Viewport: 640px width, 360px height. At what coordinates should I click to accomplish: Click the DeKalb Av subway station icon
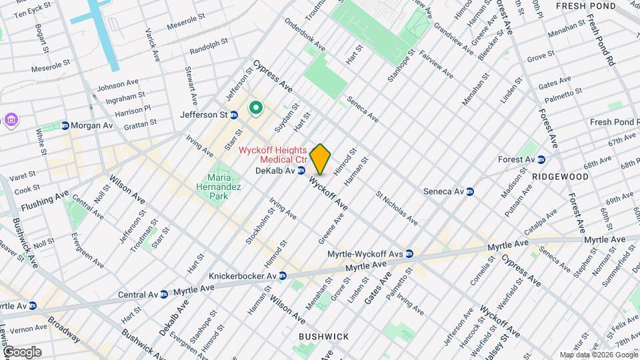pyautogui.click(x=301, y=171)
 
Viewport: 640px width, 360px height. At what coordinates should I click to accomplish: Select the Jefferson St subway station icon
pyautogui.click(x=234, y=115)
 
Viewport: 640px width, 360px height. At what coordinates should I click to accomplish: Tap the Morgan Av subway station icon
pyautogui.click(x=65, y=125)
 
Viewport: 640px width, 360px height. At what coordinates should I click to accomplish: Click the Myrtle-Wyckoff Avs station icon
pyautogui.click(x=409, y=253)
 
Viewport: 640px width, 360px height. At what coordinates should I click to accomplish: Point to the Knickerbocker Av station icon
pyautogui.click(x=283, y=275)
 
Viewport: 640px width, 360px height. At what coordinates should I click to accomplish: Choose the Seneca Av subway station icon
pyautogui.click(x=469, y=191)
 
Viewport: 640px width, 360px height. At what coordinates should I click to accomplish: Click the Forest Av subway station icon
pyautogui.click(x=541, y=159)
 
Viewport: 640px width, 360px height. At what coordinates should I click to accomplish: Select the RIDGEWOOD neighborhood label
pyautogui.click(x=560, y=177)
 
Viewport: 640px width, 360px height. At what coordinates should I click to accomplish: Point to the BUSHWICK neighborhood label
pyautogui.click(x=323, y=337)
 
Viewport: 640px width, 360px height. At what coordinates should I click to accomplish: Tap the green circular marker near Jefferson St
pyautogui.click(x=255, y=108)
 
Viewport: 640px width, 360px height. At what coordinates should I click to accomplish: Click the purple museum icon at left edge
pyautogui.click(x=11, y=120)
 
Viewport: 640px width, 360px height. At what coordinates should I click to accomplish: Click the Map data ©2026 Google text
pyautogui.click(x=599, y=355)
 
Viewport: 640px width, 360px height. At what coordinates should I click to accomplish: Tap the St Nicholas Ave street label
pyautogui.click(x=397, y=209)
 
